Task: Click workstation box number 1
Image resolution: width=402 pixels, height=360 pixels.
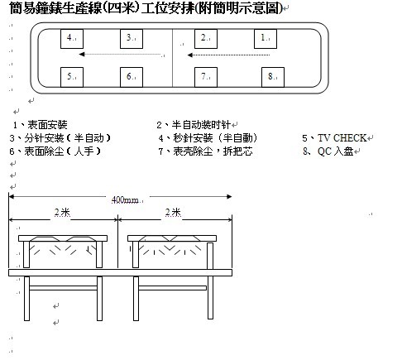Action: click(266, 39)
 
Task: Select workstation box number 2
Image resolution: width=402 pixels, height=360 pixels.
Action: click(206, 39)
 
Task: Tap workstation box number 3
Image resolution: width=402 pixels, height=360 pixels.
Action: click(132, 39)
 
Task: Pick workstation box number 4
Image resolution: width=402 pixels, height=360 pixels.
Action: click(72, 39)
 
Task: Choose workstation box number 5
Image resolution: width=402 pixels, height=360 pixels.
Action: click(72, 77)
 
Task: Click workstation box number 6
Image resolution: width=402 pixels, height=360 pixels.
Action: click(132, 77)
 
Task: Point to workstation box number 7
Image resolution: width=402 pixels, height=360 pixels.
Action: click(206, 77)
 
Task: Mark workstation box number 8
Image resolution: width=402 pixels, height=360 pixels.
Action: click(273, 77)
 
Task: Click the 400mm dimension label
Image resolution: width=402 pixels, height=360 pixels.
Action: click(125, 199)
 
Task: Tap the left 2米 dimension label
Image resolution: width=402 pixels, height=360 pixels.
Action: click(62, 213)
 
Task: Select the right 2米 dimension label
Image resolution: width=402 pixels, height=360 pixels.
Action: click(173, 213)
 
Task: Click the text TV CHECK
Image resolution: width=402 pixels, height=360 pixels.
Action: click(342, 137)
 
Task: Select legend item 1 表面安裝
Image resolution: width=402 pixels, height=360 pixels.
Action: click(41, 125)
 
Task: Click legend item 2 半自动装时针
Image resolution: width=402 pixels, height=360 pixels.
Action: click(194, 125)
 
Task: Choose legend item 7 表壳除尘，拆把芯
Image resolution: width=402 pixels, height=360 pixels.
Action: click(206, 151)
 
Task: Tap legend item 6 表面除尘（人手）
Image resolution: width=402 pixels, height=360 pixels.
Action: click(55, 151)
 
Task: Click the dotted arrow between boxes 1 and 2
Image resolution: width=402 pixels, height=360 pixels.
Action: click(228, 55)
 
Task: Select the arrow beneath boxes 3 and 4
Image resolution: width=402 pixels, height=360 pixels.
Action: click(122, 55)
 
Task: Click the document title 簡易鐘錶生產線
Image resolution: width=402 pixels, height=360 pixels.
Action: click(55, 7)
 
